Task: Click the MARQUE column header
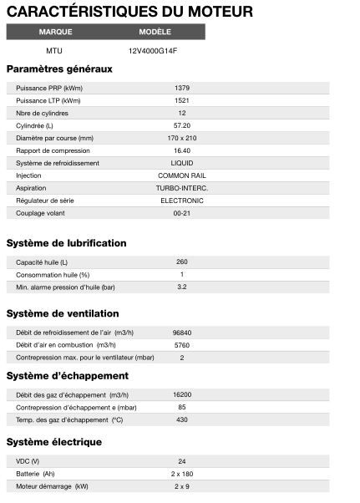(x=56, y=32)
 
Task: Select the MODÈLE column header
(x=155, y=32)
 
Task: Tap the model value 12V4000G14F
(x=154, y=50)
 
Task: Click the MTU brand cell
(x=54, y=50)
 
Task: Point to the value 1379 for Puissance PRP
(x=182, y=88)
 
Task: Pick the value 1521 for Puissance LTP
(x=182, y=100)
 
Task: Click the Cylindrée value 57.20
(x=182, y=125)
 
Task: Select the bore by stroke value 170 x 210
(x=182, y=138)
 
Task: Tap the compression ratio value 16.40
(x=182, y=150)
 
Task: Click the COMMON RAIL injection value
(x=182, y=175)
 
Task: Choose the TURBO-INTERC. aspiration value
(x=182, y=188)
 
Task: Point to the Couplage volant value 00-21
(x=182, y=213)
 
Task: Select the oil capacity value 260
(x=182, y=262)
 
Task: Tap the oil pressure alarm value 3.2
(x=182, y=287)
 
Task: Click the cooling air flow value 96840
(x=182, y=333)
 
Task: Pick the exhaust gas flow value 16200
(x=182, y=394)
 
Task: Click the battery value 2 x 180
(x=182, y=473)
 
